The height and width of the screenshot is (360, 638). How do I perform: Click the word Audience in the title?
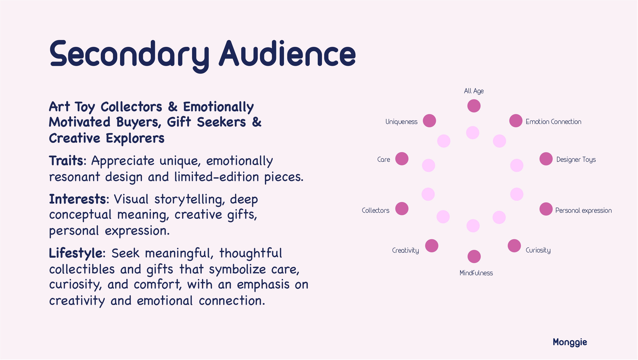coord(287,53)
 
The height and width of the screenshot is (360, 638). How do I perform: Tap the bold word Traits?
coord(66,161)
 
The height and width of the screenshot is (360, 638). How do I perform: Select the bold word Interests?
coord(77,199)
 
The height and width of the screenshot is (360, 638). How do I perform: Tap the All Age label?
coord(474,91)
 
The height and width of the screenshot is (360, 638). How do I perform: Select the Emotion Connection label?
coord(553,122)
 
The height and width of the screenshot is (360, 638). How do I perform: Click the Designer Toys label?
coord(576,159)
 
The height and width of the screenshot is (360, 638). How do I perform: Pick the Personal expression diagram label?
coord(583,210)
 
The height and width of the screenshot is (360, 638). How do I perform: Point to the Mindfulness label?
coord(476,273)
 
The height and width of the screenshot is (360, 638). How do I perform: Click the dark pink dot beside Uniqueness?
coord(429,121)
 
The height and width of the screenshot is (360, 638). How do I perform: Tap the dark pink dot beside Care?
coord(402,159)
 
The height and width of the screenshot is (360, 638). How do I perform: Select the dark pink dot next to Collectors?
coord(402,209)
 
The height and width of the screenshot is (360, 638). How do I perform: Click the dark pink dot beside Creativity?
coord(432,246)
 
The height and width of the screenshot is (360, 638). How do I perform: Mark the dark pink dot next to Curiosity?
coord(514,246)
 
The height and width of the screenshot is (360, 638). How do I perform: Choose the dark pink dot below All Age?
coord(474,106)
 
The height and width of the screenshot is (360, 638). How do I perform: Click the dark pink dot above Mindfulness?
coord(474,257)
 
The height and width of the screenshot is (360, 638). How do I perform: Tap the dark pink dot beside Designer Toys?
coord(546,159)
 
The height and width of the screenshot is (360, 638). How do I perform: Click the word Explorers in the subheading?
coord(135,138)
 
